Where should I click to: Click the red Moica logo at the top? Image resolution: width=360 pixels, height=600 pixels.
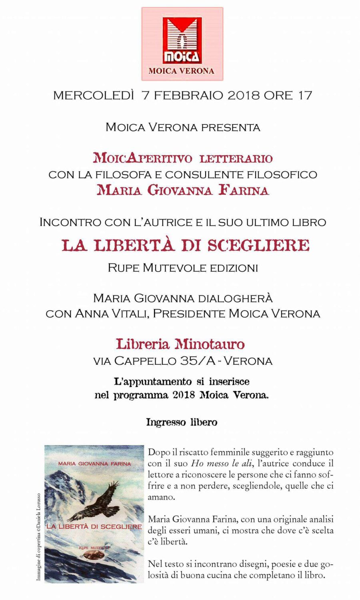click(182, 41)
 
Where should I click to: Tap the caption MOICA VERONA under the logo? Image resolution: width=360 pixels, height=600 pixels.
click(182, 71)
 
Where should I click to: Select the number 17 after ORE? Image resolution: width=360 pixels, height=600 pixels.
click(305, 96)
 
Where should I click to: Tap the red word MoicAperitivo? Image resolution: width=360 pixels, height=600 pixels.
click(143, 158)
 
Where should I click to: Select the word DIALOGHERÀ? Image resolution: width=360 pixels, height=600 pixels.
click(234, 298)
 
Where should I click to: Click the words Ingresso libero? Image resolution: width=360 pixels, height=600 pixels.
click(182, 422)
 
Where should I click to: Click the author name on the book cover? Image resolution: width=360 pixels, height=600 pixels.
click(95, 464)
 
